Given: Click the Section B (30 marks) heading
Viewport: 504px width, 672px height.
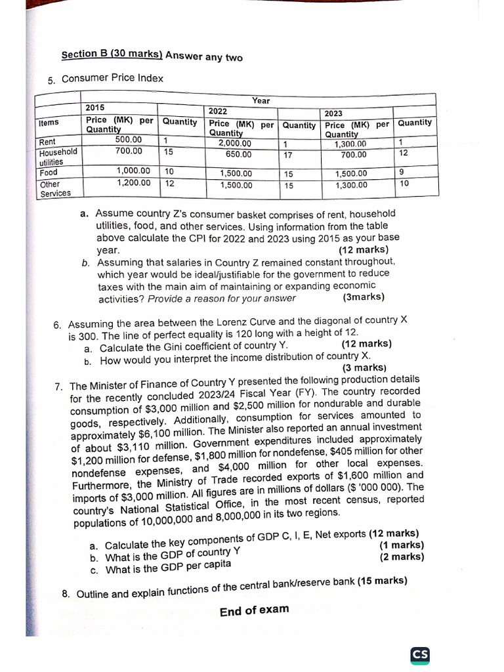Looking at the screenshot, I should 112,55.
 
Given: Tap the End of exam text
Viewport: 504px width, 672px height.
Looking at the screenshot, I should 254,610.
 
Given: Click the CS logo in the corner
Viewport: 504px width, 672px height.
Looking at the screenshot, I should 420,655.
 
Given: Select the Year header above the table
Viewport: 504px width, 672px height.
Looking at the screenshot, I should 261,100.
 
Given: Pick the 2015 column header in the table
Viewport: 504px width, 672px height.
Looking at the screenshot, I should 95,108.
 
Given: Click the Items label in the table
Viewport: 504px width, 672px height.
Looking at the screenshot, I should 49,123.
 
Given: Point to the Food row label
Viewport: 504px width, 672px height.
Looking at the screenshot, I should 49,172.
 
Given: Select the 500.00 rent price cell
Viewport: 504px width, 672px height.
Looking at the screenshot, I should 128,140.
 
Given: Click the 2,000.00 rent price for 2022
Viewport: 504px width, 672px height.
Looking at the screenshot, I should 235,144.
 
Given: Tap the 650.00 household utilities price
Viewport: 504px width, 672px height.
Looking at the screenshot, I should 238,155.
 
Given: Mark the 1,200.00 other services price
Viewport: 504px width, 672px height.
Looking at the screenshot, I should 133,182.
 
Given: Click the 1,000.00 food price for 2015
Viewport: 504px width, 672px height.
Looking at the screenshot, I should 133,171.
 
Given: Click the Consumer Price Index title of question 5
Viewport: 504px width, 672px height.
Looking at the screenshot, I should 112,79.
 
